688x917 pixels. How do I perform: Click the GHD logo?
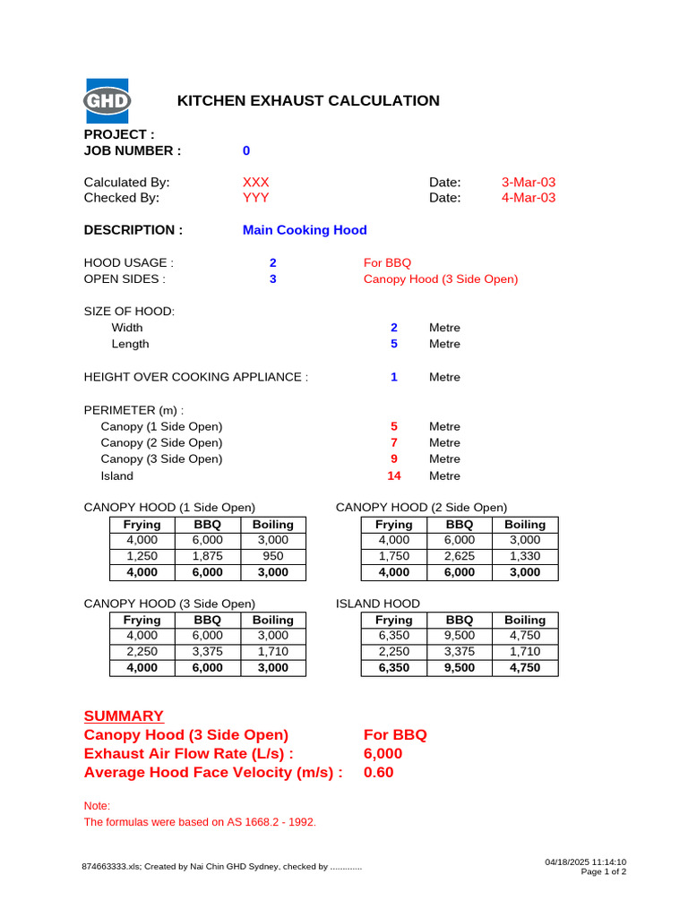click(107, 100)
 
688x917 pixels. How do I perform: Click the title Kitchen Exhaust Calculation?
click(308, 100)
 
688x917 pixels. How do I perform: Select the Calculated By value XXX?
click(255, 182)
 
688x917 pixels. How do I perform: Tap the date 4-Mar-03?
click(529, 198)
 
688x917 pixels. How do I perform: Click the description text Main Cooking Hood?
click(305, 230)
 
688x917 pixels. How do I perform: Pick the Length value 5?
click(394, 344)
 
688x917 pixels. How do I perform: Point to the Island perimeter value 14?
click(393, 476)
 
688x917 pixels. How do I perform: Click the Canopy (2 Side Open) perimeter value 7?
click(394, 442)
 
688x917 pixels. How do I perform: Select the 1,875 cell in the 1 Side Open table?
click(208, 556)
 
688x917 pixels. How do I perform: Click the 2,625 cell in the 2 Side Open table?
click(460, 556)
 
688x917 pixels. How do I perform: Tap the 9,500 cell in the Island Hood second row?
click(460, 636)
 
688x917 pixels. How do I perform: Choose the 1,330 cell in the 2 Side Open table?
click(525, 556)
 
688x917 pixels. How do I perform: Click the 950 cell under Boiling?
click(272, 556)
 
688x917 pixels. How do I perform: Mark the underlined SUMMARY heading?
click(124, 716)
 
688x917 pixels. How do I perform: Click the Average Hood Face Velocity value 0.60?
click(378, 772)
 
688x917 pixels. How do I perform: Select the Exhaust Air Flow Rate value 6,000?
click(383, 754)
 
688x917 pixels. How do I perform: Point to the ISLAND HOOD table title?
click(377, 604)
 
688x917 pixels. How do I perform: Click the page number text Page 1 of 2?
click(603, 871)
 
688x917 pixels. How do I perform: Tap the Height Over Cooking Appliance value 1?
click(394, 377)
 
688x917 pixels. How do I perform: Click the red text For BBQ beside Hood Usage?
click(387, 263)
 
